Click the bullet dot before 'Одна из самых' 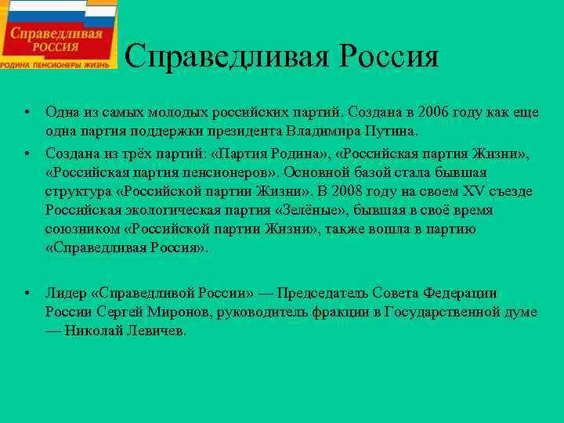tap(27, 112)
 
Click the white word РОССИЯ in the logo tap(57, 48)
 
